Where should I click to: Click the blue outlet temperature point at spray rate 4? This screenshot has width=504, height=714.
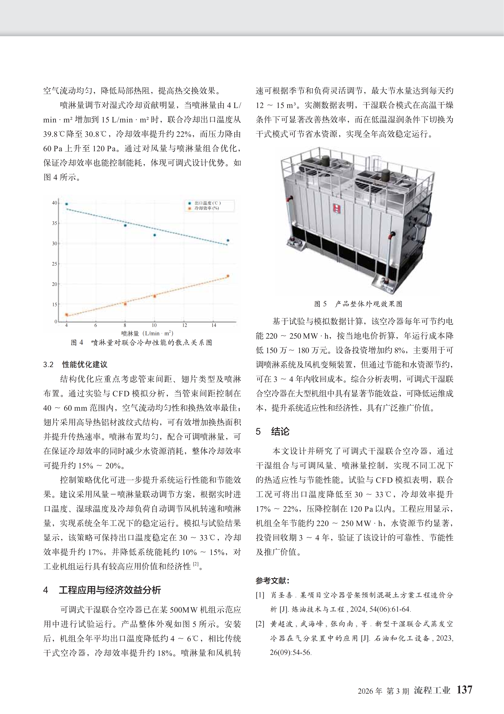click(67, 204)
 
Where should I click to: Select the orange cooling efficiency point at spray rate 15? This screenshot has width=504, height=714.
click(228, 276)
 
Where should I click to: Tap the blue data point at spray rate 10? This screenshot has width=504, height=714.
click(155, 235)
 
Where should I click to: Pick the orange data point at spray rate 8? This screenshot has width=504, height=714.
click(125, 304)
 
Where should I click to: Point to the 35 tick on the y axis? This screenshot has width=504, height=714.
click(55, 223)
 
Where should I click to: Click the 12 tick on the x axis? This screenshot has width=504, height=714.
click(184, 325)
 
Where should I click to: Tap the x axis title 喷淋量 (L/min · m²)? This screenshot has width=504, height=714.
click(147, 333)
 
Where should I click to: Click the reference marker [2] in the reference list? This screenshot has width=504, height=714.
click(260, 624)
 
